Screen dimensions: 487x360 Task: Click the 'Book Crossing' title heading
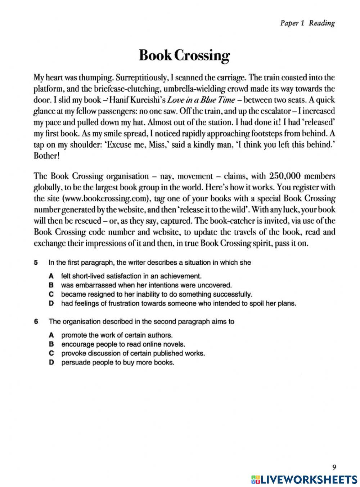184,55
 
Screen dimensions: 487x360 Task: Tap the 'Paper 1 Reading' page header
307,23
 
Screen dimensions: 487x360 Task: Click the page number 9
334,467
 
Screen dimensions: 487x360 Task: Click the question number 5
36,263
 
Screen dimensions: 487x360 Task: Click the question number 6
36,321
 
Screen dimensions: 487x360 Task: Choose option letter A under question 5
51,276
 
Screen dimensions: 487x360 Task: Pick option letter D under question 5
51,303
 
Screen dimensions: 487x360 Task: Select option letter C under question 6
51,353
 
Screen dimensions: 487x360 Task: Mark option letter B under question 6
51,344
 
